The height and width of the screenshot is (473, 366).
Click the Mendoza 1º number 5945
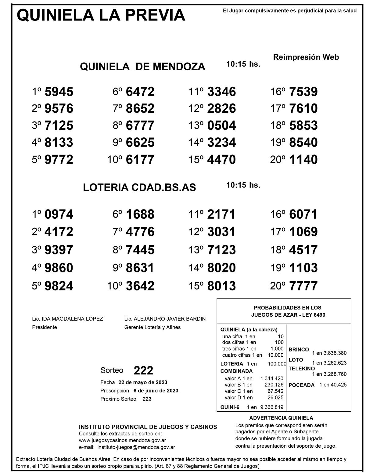pyautogui.click(x=59, y=92)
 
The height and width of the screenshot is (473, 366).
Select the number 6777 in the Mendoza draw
pyautogui.click(x=140, y=126)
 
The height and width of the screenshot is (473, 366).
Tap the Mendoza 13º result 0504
pyautogui.click(x=221, y=126)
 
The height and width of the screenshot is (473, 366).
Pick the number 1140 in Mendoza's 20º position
pyautogui.click(x=303, y=159)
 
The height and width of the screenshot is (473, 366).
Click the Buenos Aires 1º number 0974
pyautogui.click(x=59, y=214)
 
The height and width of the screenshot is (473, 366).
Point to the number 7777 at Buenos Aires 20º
pyautogui.click(x=303, y=286)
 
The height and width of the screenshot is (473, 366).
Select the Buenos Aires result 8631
pyautogui.click(x=140, y=268)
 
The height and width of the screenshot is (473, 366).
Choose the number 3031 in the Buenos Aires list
pyautogui.click(x=221, y=232)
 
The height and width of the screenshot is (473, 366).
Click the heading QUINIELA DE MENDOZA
pyautogui.click(x=142, y=67)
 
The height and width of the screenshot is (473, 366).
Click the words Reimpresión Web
pyautogui.click(x=306, y=57)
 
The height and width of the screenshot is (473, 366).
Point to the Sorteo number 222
pyautogui.click(x=143, y=370)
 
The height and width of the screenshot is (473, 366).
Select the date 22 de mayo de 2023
pyautogui.click(x=143, y=382)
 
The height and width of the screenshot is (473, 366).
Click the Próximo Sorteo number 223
pyautogui.click(x=147, y=399)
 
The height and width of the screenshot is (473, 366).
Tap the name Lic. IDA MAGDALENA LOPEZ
pyautogui.click(x=67, y=319)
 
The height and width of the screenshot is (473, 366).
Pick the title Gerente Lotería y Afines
pyautogui.click(x=152, y=327)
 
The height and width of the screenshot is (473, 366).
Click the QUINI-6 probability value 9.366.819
pyautogui.click(x=272, y=407)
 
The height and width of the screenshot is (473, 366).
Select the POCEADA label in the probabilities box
pyautogui.click(x=301, y=385)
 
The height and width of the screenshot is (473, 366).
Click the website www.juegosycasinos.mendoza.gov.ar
pyautogui.click(x=122, y=440)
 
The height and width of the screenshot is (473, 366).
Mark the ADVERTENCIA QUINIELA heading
pyautogui.click(x=281, y=418)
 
